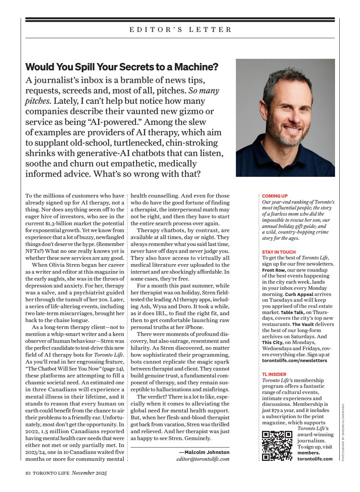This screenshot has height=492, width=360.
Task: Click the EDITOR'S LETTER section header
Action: click(x=180, y=30)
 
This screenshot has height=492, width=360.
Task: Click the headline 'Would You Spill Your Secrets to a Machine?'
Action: click(x=121, y=67)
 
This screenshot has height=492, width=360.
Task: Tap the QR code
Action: click(x=277, y=445)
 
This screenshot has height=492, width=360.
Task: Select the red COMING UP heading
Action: click(x=275, y=196)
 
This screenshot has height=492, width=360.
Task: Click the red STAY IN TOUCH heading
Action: click(x=279, y=252)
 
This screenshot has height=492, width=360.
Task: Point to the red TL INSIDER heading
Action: click(x=274, y=374)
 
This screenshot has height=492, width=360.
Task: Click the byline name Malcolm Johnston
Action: click(x=207, y=452)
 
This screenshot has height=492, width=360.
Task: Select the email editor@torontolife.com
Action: click(x=203, y=459)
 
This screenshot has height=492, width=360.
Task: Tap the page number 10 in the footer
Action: click(x=28, y=473)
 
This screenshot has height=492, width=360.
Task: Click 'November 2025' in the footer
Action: click(x=89, y=473)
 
